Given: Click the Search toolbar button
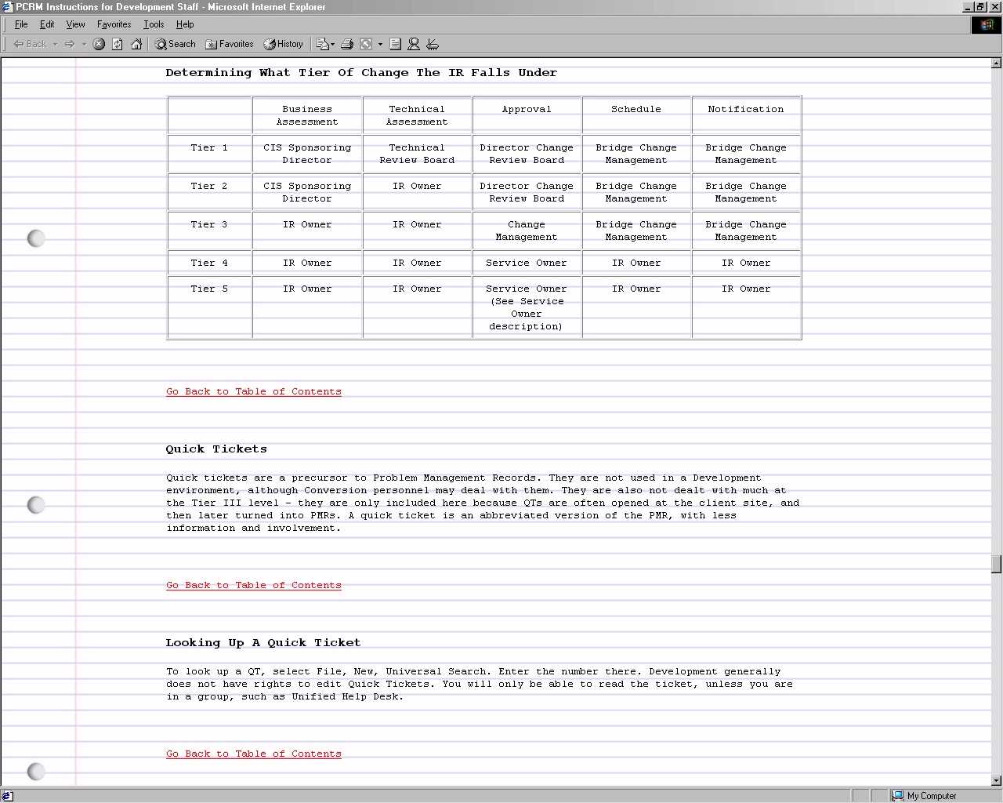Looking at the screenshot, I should (175, 44).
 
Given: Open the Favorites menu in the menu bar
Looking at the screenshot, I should (114, 24).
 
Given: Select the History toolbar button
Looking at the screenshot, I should (283, 44).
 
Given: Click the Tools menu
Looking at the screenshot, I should (154, 24).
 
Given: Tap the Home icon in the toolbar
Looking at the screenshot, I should (136, 44).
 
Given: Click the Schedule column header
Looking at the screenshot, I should (636, 109).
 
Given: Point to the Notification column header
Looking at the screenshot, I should (746, 109).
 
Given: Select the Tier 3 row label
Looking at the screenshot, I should (209, 224).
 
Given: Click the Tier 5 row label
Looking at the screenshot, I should (209, 289).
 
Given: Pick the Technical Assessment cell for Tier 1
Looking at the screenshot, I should (417, 154).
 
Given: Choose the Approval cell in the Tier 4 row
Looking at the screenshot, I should (527, 263).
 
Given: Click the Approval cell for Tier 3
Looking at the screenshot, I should (527, 231).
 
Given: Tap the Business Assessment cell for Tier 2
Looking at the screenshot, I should (307, 192).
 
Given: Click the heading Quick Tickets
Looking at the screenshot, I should (216, 449).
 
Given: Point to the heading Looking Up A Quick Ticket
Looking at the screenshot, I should (263, 643).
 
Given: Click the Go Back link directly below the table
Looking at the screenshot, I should (254, 391).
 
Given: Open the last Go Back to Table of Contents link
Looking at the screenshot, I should (254, 754).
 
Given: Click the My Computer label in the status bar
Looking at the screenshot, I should (932, 796).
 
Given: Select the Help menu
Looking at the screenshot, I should (185, 24).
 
